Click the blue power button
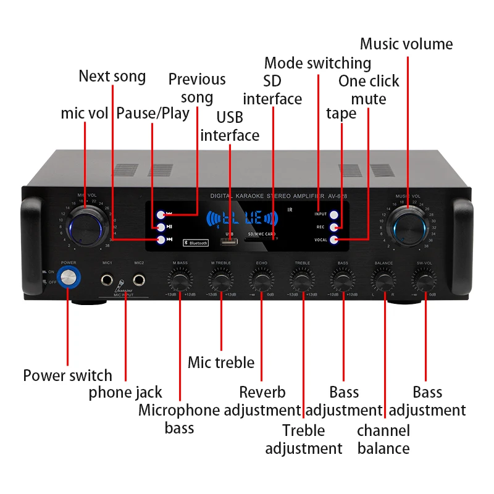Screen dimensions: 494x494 (69, 278)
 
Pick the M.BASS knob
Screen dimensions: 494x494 (180, 282)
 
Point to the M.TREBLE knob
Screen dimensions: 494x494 (220, 282)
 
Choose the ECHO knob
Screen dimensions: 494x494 (261, 282)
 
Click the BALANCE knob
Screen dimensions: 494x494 (383, 282)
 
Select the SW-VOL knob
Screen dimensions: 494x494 (424, 282)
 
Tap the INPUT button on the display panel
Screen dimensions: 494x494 (334, 215)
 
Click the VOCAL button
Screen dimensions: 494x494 (334, 240)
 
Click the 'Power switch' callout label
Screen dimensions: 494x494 (68, 375)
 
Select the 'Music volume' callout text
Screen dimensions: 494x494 (406, 44)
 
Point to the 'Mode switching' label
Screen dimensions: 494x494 (317, 63)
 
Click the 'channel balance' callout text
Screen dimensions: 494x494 (383, 440)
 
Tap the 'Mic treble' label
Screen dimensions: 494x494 (221, 362)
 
